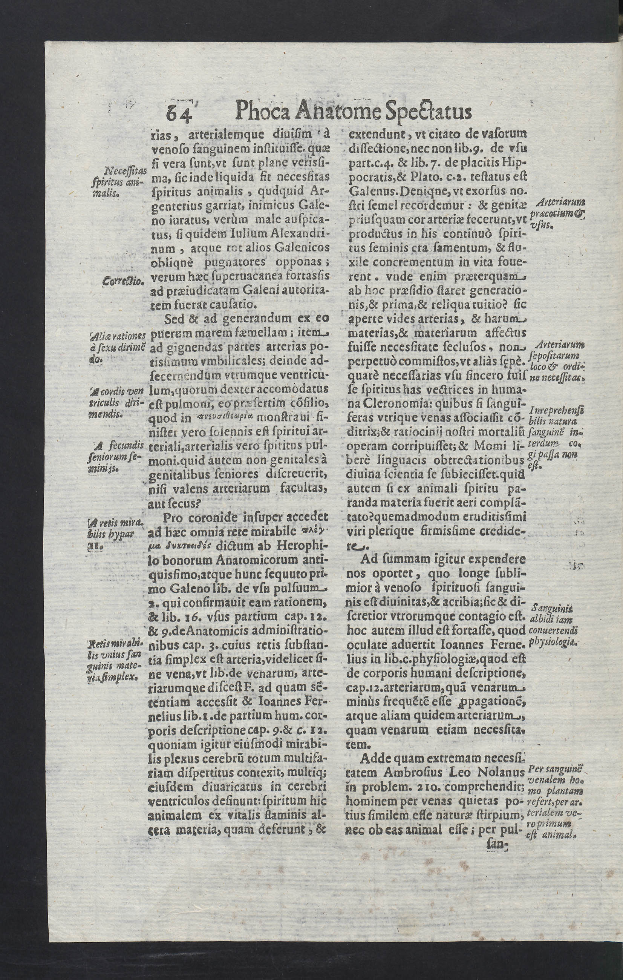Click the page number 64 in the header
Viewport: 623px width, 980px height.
tap(179, 113)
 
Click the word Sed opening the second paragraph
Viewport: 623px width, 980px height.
tap(175, 318)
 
